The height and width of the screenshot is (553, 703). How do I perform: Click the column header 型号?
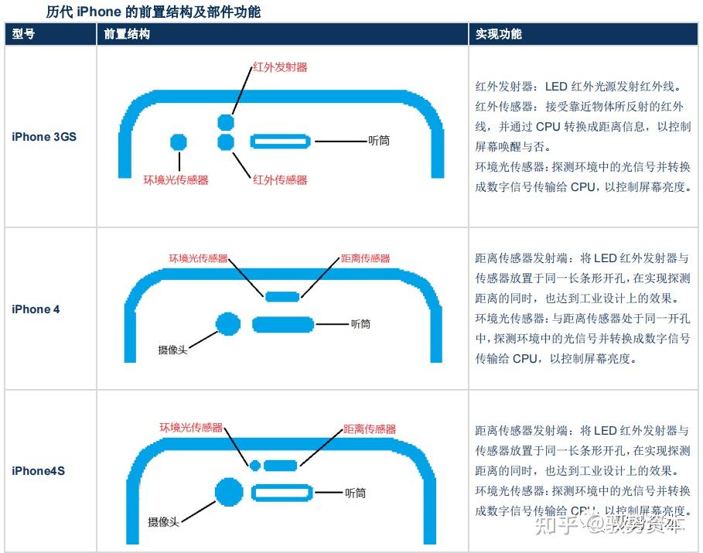24,35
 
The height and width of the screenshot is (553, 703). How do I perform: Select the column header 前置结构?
127,35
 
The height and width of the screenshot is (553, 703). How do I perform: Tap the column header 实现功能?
498,35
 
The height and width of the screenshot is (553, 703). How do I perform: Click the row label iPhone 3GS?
44,137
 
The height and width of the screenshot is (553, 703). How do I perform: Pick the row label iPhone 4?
36,309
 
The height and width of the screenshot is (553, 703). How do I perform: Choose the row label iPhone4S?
38,470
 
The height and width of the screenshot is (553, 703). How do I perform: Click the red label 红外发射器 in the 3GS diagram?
280,67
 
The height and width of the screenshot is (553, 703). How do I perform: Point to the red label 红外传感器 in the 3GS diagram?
280,179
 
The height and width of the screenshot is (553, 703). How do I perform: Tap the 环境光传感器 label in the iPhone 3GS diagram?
176,179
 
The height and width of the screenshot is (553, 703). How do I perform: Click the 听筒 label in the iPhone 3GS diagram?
379,141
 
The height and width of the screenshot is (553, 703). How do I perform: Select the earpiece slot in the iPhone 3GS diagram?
281,142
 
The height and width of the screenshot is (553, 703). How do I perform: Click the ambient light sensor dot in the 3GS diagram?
179,142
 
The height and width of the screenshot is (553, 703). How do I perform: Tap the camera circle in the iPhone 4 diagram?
228,324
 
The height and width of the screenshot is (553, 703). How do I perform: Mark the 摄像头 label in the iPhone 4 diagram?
172,350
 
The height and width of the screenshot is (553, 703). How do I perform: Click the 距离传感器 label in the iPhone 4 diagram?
365,258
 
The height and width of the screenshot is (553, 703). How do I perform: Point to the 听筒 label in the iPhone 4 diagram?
360,324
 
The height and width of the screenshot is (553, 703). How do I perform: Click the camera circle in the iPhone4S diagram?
229,492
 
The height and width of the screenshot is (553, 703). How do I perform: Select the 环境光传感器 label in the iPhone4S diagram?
191,428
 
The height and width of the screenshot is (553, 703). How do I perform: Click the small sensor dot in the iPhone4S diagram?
254,465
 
